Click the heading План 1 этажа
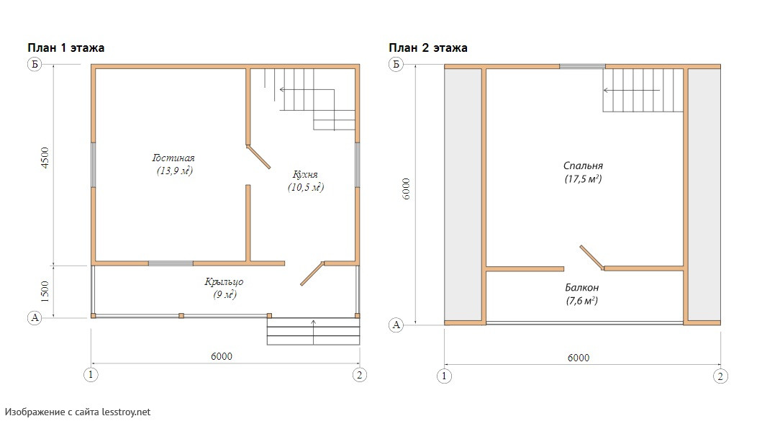click(x=65, y=47)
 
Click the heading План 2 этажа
click(x=428, y=47)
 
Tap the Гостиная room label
click(x=173, y=158)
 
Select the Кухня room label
click(x=305, y=175)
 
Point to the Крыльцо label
click(x=224, y=281)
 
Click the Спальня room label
click(x=583, y=166)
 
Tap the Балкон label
click(x=581, y=288)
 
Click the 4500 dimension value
click(x=45, y=158)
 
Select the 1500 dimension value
click(x=45, y=292)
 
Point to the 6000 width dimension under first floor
click(x=222, y=356)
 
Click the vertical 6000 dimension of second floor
click(x=406, y=189)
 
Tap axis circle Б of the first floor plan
click(x=35, y=64)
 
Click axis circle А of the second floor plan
click(x=396, y=325)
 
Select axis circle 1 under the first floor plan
click(x=91, y=375)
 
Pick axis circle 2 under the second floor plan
click(x=720, y=376)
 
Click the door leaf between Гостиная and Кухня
click(x=258, y=157)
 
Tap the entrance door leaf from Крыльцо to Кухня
click(x=312, y=273)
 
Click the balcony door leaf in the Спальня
click(x=592, y=258)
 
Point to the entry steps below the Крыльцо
click(x=314, y=332)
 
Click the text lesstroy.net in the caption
click(x=126, y=412)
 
